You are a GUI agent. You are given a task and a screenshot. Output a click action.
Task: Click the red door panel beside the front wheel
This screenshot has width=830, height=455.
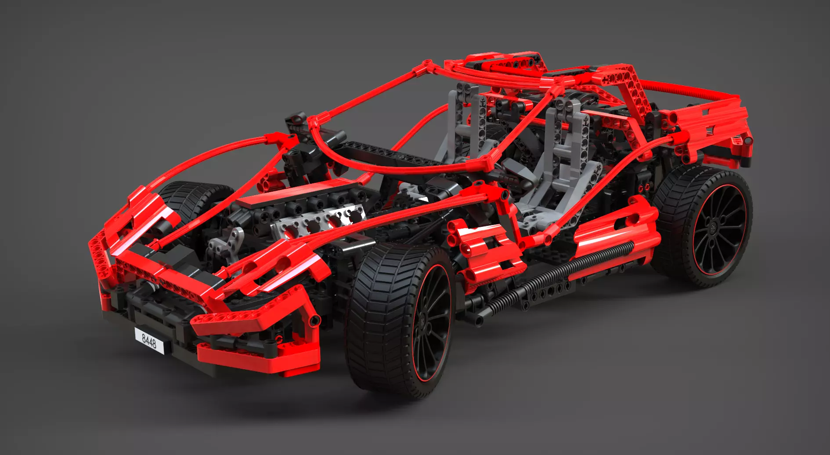point(485,251)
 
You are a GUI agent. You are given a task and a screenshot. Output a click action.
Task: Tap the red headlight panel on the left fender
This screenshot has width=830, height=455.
point(149,211)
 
